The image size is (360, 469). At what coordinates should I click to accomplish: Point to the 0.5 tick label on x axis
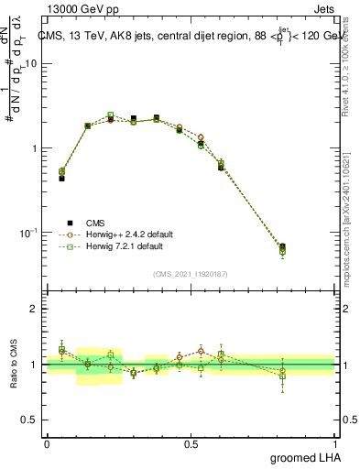191,444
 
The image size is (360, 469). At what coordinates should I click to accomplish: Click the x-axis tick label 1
334,444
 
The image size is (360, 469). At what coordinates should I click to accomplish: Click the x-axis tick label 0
48,444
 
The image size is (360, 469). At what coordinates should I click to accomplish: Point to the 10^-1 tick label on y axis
30,234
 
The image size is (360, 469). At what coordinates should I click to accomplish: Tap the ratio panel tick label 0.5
30,420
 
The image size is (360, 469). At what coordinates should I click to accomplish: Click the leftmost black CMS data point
61,179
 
